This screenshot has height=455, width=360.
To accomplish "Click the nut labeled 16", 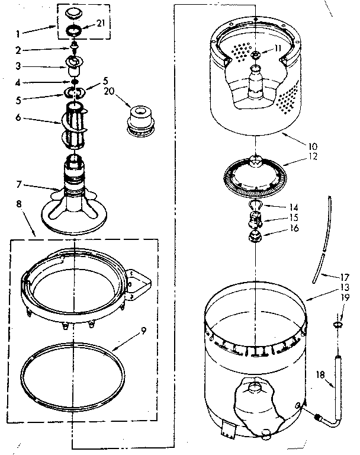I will (x=256, y=238).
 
